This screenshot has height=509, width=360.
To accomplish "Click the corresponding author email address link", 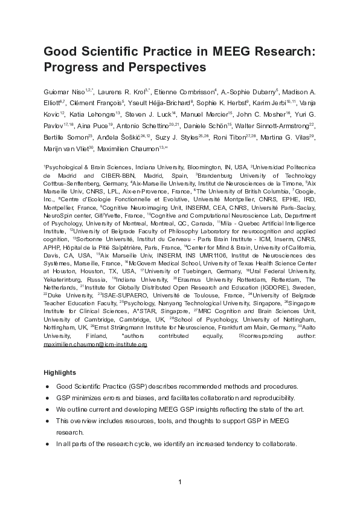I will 95,344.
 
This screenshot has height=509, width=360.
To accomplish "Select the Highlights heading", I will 60,373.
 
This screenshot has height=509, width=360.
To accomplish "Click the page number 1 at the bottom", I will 180,482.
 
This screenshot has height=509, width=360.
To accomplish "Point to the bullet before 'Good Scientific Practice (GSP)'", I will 47,386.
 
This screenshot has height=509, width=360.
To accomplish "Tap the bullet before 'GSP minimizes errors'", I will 47,398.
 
